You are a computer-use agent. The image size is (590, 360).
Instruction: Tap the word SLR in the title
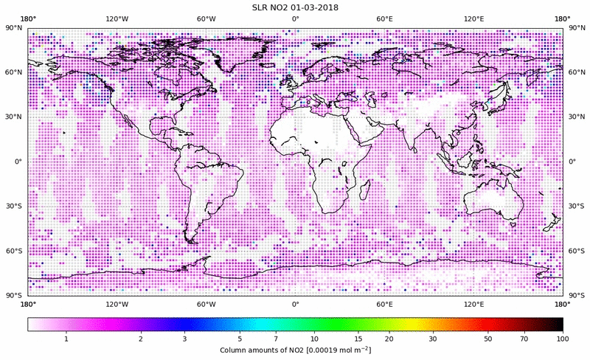coord(261,8)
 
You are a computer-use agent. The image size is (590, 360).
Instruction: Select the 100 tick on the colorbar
coord(563,339)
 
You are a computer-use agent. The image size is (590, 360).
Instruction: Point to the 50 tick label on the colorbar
coord(488,339)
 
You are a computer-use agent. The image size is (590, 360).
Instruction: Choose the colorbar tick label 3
coord(184,339)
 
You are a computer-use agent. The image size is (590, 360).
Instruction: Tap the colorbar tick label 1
coord(66,339)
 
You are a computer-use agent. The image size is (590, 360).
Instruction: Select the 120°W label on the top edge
coord(117,18)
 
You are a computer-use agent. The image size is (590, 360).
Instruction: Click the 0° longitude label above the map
coord(295,18)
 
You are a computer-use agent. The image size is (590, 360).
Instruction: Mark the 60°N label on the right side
coord(575,73)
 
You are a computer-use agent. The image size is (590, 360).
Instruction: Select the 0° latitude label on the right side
coord(572,162)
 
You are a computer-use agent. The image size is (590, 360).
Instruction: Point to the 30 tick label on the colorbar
coord(434,339)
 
